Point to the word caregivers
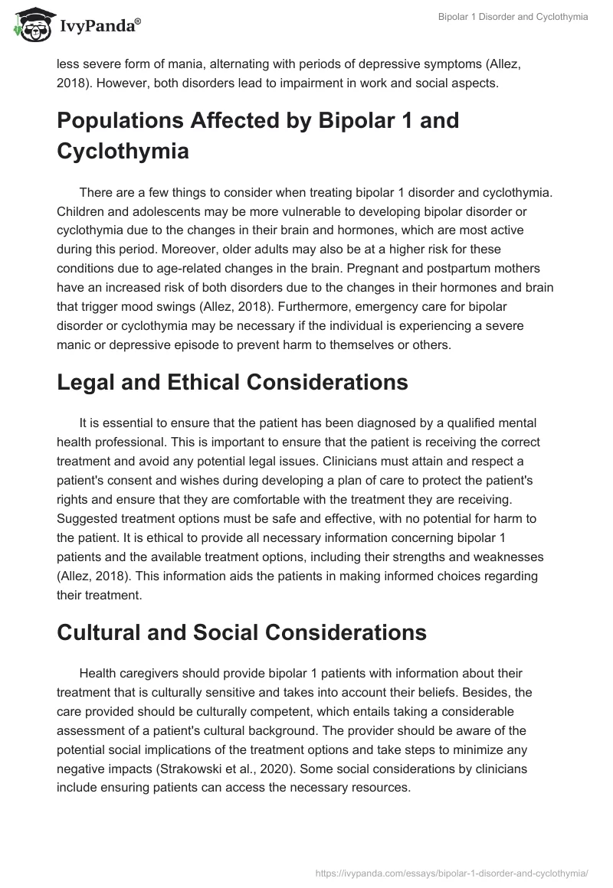[x=156, y=673]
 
